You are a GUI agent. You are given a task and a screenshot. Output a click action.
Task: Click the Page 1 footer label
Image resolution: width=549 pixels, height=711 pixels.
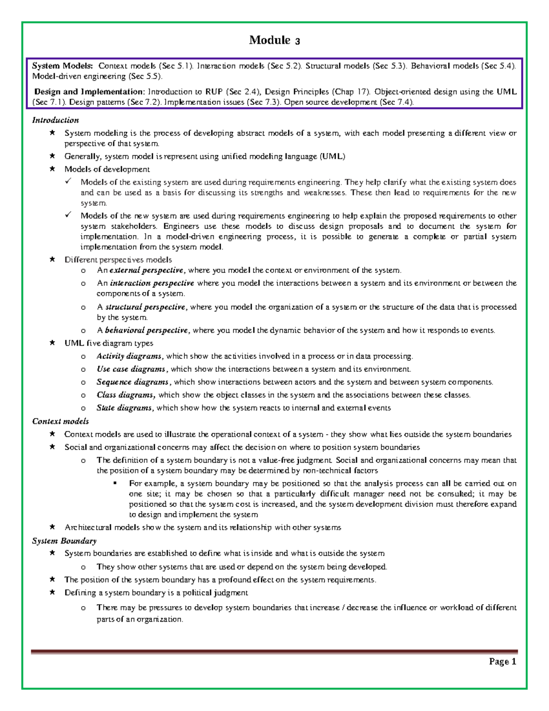point(502,661)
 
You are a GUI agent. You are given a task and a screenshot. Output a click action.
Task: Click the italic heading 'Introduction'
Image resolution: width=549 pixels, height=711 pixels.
point(55,120)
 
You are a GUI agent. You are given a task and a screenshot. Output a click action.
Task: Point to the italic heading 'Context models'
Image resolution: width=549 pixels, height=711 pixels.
point(60,421)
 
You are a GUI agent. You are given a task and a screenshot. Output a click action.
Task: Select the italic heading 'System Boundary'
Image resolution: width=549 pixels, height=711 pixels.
point(64,541)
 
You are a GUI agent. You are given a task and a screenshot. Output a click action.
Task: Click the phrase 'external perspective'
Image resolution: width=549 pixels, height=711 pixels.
point(146,270)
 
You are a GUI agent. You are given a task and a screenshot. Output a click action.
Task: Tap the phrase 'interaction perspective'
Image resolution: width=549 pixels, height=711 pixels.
point(152,283)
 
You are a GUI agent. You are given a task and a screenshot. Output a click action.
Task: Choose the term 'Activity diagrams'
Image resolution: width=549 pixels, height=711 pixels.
point(129,356)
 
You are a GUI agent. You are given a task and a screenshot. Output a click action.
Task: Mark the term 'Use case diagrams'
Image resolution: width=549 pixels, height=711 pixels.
point(131,369)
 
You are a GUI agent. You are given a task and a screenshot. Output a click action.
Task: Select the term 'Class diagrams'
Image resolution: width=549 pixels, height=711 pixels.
point(126,395)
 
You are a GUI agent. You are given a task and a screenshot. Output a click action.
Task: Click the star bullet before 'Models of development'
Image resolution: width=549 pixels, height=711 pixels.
point(53,169)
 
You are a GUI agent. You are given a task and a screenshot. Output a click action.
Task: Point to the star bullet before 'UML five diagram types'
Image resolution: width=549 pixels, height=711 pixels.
point(53,343)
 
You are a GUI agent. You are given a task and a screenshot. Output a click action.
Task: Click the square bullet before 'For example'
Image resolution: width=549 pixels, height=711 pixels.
point(115,483)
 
